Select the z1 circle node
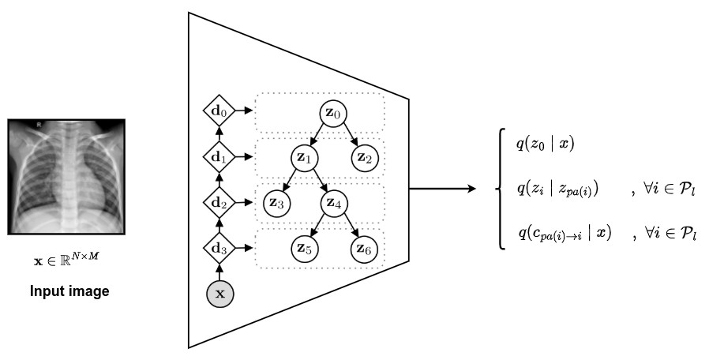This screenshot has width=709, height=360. pyautogui.click(x=305, y=157)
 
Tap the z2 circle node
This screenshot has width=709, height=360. pyautogui.click(x=365, y=157)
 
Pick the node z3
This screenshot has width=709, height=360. pyautogui.click(x=276, y=203)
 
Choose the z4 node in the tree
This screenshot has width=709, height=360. pyautogui.click(x=335, y=203)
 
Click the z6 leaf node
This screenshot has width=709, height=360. pyautogui.click(x=365, y=249)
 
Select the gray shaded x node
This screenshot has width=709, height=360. pyautogui.click(x=220, y=294)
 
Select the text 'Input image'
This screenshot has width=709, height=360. pyautogui.click(x=69, y=291)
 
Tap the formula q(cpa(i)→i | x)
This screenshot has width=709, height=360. pyautogui.click(x=565, y=234)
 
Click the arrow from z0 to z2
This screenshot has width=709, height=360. pyautogui.click(x=351, y=137)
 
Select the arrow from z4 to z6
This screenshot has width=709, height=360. pyautogui.click(x=351, y=227)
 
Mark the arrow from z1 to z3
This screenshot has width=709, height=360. pyautogui.click(x=290, y=181)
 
